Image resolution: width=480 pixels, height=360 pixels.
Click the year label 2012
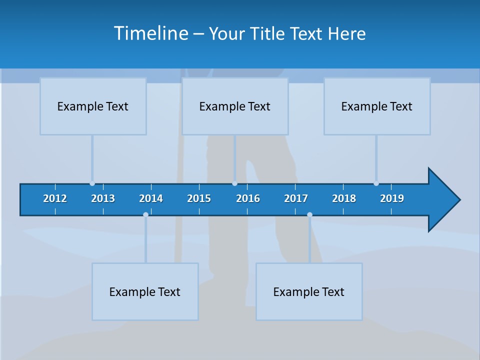55,198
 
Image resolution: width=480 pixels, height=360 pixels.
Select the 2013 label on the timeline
103,198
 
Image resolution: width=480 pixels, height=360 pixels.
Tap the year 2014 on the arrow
151,198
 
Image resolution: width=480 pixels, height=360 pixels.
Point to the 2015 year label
199,198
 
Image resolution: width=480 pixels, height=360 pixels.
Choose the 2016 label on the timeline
248,198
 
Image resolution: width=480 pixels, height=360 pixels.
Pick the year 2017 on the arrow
296,198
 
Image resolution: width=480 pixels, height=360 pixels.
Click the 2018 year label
344,198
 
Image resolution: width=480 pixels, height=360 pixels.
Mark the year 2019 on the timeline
392,198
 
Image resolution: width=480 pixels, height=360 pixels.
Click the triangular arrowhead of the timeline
443,200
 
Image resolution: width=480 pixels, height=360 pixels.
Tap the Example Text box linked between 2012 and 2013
93,106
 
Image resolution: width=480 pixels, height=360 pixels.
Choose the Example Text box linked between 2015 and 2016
235,106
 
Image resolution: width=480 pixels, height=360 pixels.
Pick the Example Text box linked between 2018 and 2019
377,106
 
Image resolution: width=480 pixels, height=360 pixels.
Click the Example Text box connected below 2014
145,291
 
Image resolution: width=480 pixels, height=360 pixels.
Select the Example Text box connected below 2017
309,291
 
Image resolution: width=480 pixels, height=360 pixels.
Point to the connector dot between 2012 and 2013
92,183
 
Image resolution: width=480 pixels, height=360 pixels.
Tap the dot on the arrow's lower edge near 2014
145,215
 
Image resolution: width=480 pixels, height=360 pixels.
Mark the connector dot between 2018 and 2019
376,183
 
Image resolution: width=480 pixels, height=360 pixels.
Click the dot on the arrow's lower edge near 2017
309,215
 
